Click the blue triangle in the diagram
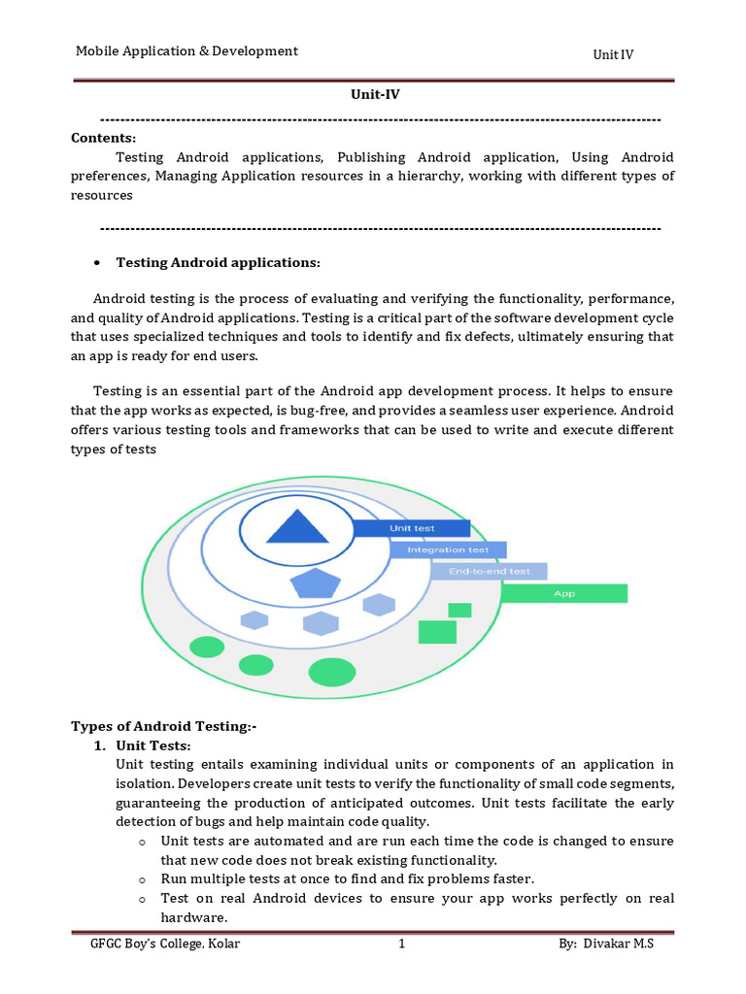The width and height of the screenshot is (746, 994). click(x=292, y=528)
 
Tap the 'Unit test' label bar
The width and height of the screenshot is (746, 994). click(x=411, y=528)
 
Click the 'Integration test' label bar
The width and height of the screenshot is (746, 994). click(x=448, y=549)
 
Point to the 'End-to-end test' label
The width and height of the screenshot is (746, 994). click(x=489, y=572)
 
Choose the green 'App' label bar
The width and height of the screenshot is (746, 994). click(x=564, y=593)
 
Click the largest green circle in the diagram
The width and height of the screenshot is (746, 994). click(x=332, y=671)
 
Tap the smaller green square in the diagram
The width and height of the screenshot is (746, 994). click(x=459, y=610)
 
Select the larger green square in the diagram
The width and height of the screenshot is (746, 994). click(x=437, y=632)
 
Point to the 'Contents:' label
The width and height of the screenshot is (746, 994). click(x=104, y=138)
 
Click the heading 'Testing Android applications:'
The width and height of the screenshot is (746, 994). click(x=218, y=263)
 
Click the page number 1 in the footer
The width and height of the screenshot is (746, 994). click(x=400, y=944)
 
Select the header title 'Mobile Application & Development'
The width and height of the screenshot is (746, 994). click(x=187, y=51)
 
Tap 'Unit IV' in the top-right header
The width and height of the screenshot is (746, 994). click(x=613, y=54)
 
